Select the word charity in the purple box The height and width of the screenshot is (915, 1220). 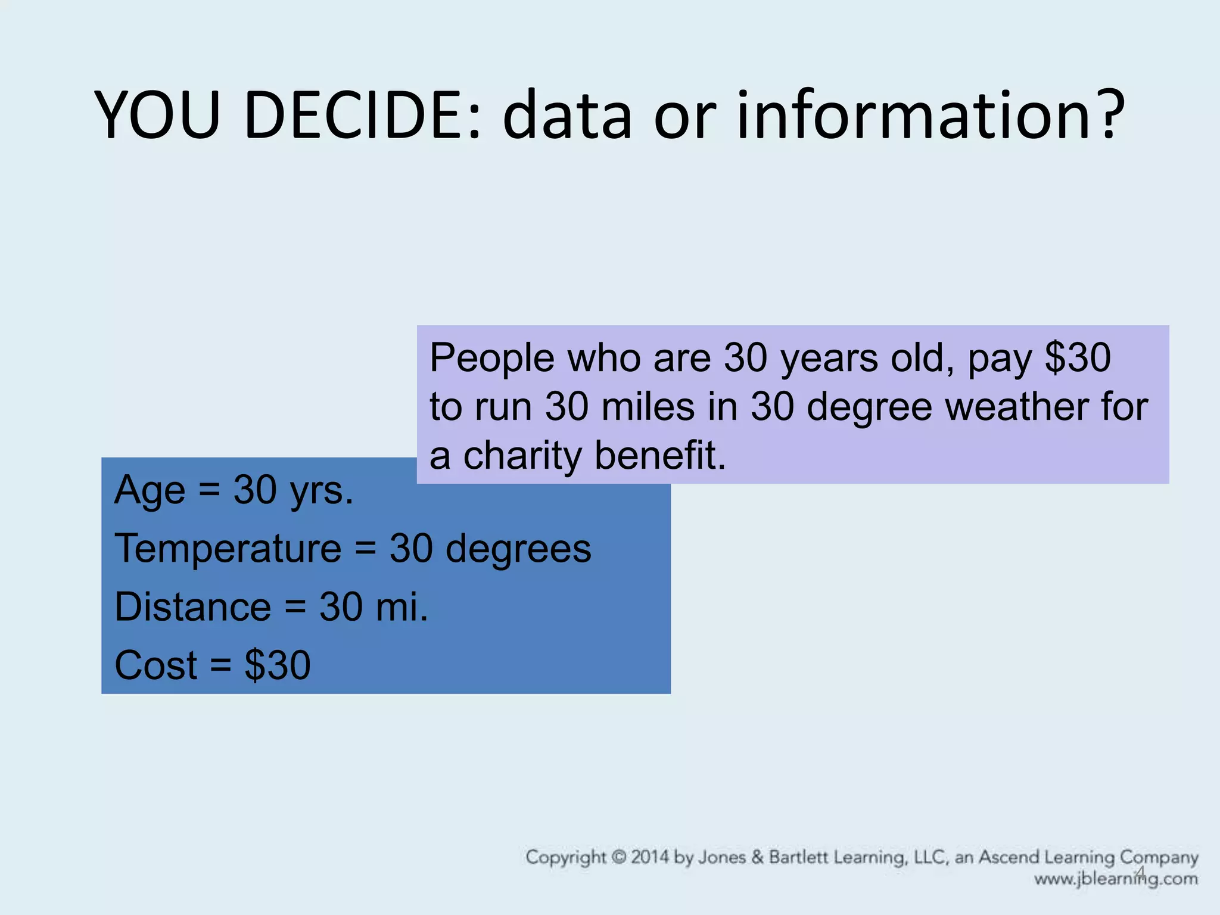point(523,456)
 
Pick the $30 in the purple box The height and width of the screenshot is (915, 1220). point(1078,358)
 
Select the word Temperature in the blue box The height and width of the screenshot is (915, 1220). point(228,549)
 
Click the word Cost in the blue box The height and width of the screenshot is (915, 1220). point(155,665)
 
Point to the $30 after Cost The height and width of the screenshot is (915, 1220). point(278,665)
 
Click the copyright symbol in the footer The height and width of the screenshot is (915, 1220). point(620,857)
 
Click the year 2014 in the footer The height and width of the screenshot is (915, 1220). point(651,857)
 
